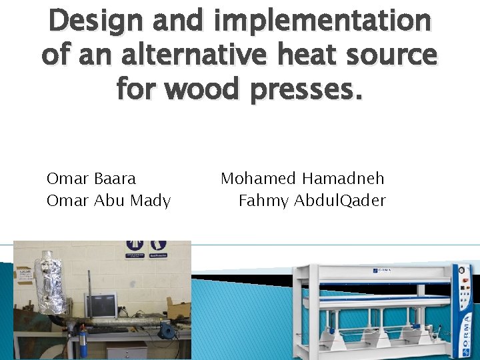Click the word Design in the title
coord(95,21)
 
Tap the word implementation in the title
coord(323,21)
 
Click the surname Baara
coord(115,179)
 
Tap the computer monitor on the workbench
coord(100,306)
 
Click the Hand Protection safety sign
coord(158,249)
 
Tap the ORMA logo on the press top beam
coord(383,270)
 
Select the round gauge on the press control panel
coord(461,270)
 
